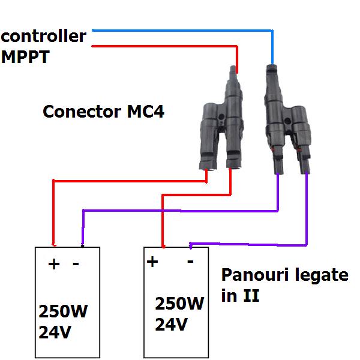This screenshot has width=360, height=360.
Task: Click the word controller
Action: point(43,37)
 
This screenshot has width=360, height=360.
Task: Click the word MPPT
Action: point(26,59)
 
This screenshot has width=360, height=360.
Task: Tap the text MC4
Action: point(145,112)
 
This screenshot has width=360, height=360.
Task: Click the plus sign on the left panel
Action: point(54,264)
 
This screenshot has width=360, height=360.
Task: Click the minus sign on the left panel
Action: point(76,264)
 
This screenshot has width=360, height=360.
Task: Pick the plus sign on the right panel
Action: point(152,262)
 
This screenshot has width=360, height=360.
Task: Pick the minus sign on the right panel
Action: point(190,262)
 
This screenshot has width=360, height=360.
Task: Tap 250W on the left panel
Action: point(66,312)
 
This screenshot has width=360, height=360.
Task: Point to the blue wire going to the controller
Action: point(180,29)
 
